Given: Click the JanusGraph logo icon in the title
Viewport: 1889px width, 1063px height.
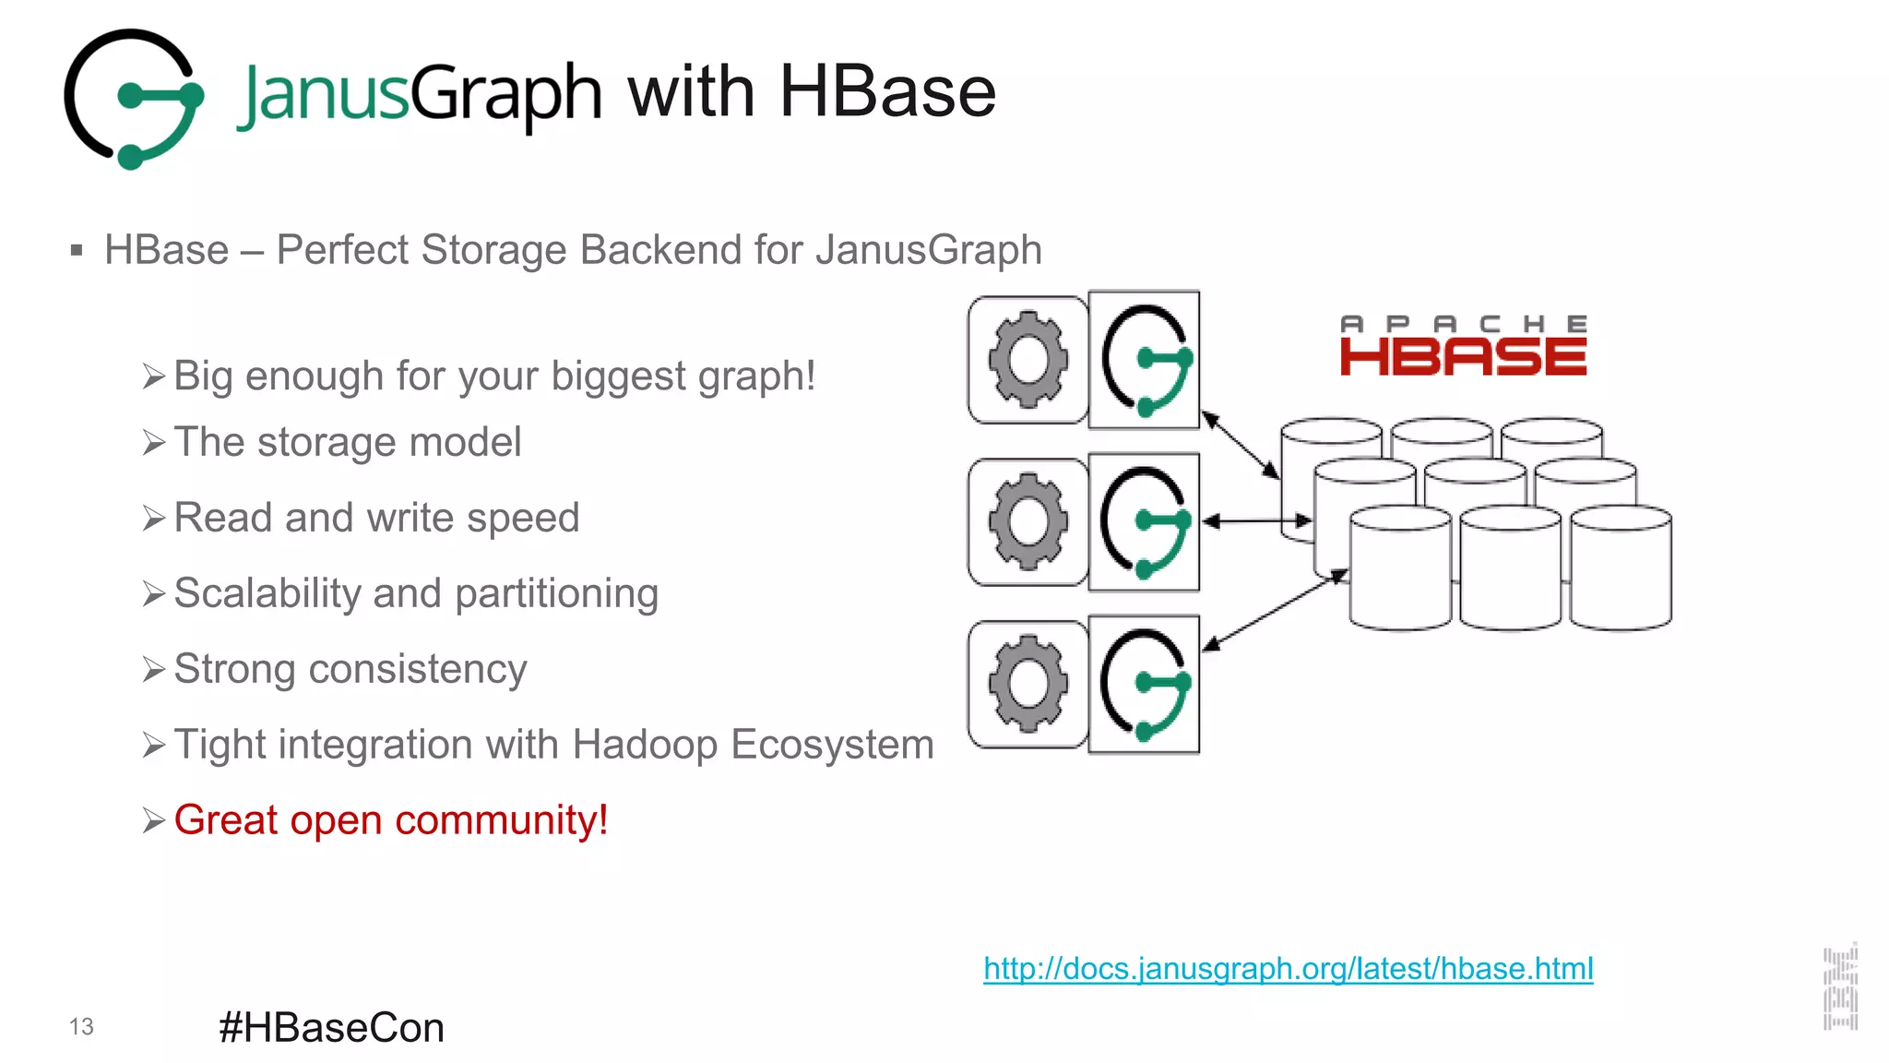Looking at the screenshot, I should pyautogui.click(x=134, y=99).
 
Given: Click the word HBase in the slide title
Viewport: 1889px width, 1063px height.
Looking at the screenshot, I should pyautogui.click(x=887, y=92).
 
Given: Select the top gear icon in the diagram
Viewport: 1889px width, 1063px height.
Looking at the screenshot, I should pyautogui.click(x=1028, y=360).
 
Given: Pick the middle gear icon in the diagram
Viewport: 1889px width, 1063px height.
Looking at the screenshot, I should pyautogui.click(x=1028, y=521).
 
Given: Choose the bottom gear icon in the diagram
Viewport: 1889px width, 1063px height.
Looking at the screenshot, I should pyautogui.click(x=1028, y=684).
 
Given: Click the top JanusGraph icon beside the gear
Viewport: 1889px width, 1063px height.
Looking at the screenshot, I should pyautogui.click(x=1145, y=360).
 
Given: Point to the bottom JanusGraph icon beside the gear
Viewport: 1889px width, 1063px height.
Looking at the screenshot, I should pyautogui.click(x=1145, y=684).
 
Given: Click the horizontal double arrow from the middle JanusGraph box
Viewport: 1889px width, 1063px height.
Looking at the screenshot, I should pyautogui.click(x=1257, y=521).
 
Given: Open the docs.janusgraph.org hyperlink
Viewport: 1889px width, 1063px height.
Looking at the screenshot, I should pyautogui.click(x=1288, y=969).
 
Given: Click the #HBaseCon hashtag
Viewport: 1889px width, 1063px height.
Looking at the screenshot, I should pyautogui.click(x=331, y=1028).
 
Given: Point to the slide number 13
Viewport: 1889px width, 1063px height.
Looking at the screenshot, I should pyautogui.click(x=81, y=1027).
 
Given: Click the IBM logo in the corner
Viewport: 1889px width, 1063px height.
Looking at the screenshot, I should pyautogui.click(x=1840, y=987).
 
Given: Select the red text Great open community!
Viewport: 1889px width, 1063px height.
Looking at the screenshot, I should pyautogui.click(x=391, y=820).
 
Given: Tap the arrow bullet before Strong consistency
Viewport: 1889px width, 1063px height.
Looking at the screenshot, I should pyautogui.click(x=154, y=669).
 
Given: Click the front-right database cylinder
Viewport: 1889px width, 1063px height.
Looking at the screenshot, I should pyautogui.click(x=1621, y=568).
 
